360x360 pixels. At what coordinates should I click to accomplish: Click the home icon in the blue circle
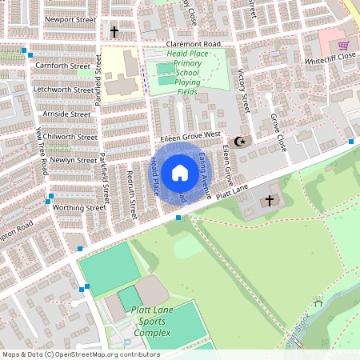coord(180,173)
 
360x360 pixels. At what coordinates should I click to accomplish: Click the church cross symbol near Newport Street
coord(114,32)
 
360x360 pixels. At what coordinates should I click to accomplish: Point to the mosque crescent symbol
coord(238,142)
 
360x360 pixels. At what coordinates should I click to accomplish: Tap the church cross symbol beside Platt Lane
coord(269,200)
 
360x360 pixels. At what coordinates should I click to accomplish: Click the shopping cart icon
coord(343,46)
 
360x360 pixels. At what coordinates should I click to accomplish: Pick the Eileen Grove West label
coord(190,137)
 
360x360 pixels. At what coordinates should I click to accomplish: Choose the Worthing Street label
coord(79,207)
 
